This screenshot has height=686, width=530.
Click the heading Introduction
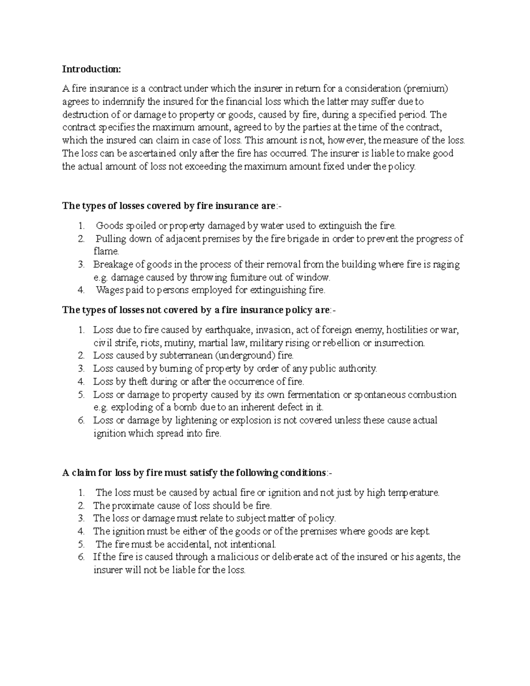[x=91, y=69]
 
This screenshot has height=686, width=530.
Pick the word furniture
[x=246, y=278]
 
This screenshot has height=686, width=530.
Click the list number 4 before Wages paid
[x=80, y=290]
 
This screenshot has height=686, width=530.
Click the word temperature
[x=413, y=493]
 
